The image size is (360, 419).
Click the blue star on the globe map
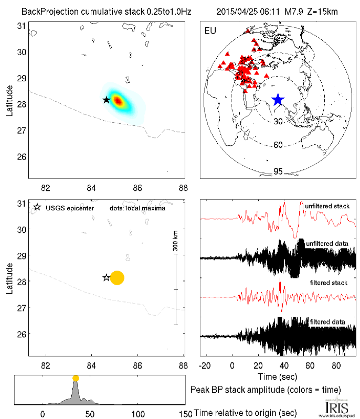pos(278,100)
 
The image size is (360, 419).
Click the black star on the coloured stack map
pos(107,100)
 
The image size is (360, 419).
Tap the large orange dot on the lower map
pos(117,278)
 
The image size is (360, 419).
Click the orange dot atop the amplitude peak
pos(76,378)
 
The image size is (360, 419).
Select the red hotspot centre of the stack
pos(118,101)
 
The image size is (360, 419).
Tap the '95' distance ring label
pos(279,171)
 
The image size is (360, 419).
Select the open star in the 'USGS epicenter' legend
pos(37,208)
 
